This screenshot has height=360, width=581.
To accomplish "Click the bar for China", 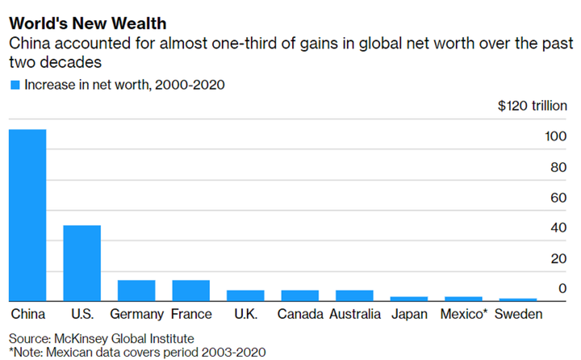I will (x=27, y=215).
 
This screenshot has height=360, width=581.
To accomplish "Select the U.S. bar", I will (x=82, y=262).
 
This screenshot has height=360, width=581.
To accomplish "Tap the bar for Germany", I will (x=136, y=290).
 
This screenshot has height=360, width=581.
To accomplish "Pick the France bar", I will (x=190, y=290).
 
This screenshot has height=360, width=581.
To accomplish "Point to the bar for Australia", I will (x=353, y=295).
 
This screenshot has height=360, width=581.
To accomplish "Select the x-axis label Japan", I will (x=409, y=314).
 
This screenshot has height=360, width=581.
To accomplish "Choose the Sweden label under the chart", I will (x=518, y=314).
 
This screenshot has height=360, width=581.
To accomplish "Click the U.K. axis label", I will (x=245, y=314).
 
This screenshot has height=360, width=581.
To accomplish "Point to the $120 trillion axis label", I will (x=532, y=106).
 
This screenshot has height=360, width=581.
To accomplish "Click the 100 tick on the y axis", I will (x=554, y=137).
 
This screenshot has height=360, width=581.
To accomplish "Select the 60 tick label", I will (x=557, y=198).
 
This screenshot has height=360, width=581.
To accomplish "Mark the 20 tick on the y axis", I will (x=557, y=258).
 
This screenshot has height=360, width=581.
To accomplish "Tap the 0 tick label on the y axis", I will (x=561, y=289).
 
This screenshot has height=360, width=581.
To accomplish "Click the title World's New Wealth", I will (x=88, y=23).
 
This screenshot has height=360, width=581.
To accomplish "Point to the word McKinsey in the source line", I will (x=82, y=338).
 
